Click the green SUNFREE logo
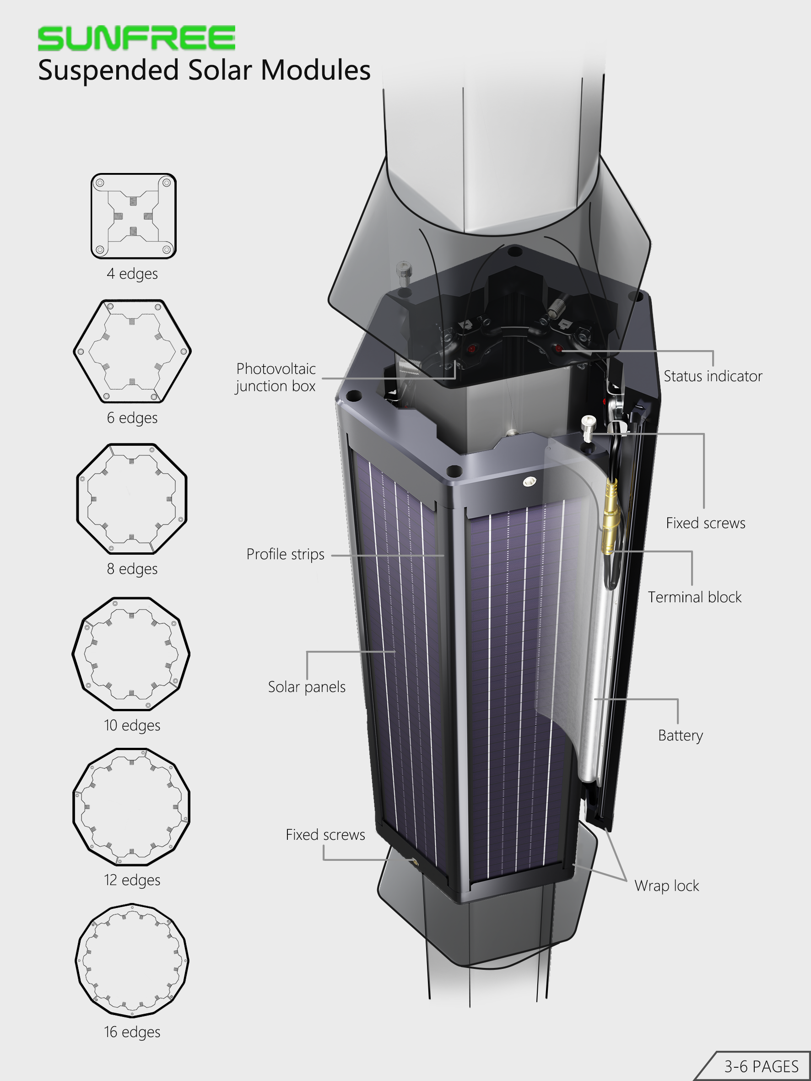pos(136,38)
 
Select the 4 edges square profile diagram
pos(134,216)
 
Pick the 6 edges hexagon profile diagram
pos(132,351)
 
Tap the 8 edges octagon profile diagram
pos(132,498)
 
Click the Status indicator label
pos(713,376)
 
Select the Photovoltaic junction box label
pos(276,377)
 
